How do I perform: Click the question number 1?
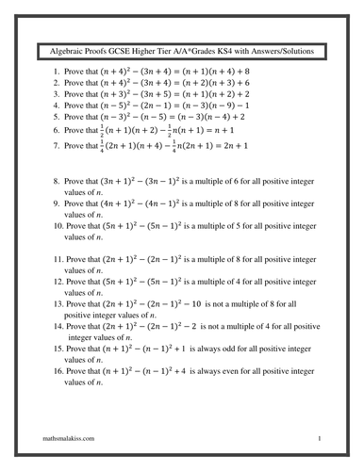click(57, 71)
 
